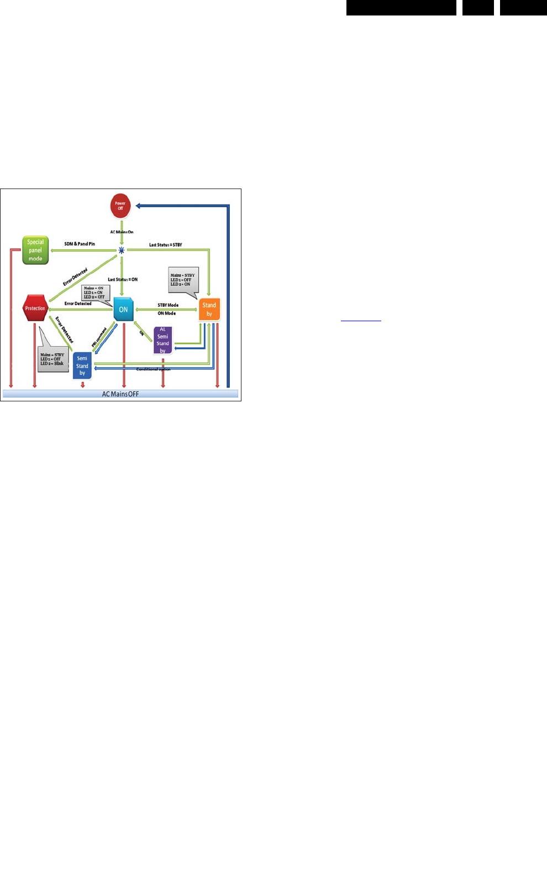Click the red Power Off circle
coord(120,206)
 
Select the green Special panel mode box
coord(35,250)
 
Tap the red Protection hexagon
coord(35,308)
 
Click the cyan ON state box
coord(123,310)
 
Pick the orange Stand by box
coord(209,310)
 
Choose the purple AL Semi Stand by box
coord(162,340)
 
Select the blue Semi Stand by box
coord(82,365)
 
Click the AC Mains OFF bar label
coord(120,394)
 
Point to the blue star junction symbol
coord(122,250)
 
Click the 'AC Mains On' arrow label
coord(122,232)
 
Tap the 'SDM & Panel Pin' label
coord(80,244)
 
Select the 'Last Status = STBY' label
coord(165,245)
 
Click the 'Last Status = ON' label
coord(123,280)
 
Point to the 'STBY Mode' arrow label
coord(168,305)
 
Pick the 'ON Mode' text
coord(166,313)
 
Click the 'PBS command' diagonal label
coord(99,337)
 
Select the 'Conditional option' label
coord(153,369)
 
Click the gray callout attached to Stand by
coord(182,280)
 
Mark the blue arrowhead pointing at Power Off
coord(139,206)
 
